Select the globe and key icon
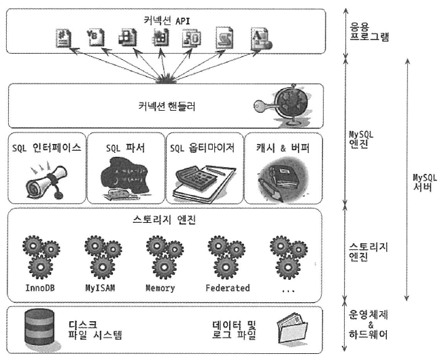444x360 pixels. click(286, 105)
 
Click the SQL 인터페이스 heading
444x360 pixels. click(47, 147)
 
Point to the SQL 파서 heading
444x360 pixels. click(126, 147)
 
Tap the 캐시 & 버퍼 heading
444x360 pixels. click(283, 147)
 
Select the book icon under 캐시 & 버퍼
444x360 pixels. click(281, 179)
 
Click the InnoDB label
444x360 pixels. click(41, 288)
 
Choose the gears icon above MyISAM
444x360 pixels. click(101, 255)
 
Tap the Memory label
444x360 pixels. click(160, 288)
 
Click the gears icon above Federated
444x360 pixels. click(226, 255)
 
